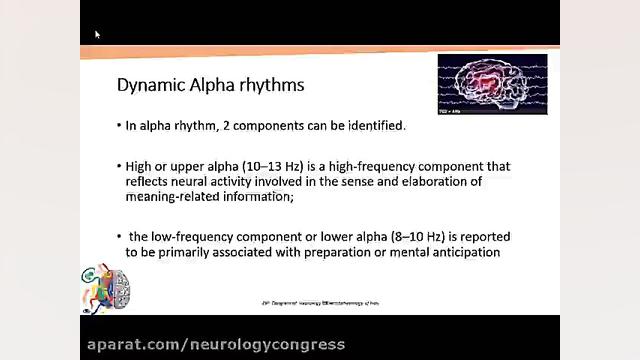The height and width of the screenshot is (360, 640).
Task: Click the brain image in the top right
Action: coord(492,84)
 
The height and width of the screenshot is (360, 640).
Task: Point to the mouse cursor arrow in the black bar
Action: coord(97,34)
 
